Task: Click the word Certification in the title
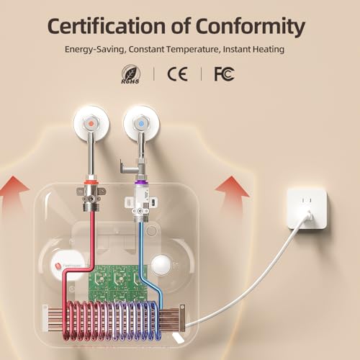click(107, 26)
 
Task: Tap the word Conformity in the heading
click(251, 27)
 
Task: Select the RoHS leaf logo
click(130, 74)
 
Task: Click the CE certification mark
click(177, 74)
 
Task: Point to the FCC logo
click(224, 74)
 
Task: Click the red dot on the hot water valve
click(91, 123)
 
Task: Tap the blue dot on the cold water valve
click(141, 123)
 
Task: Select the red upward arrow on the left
click(14, 195)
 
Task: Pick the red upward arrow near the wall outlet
click(232, 195)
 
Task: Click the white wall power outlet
click(307, 208)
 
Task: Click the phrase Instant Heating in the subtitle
click(253, 50)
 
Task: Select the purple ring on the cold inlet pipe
click(140, 183)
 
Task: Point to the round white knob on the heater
click(161, 265)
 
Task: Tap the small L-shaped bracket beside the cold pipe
click(125, 166)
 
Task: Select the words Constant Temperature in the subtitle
click(174, 50)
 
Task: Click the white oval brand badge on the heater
click(67, 266)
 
